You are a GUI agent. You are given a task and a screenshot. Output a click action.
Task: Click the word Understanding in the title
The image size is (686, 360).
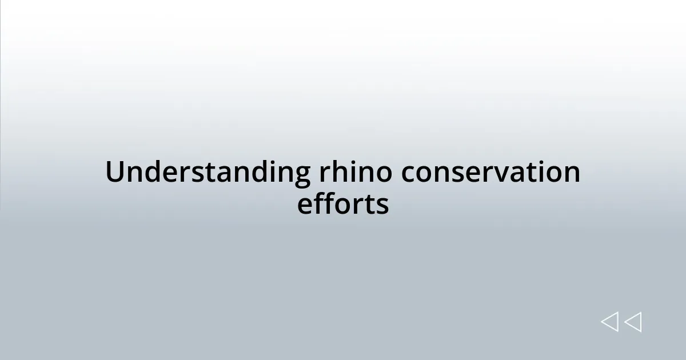[x=207, y=173]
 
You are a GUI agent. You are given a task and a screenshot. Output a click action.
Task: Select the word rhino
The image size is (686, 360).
[x=354, y=173]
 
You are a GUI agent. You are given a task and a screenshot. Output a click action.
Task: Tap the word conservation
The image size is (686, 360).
[x=490, y=173]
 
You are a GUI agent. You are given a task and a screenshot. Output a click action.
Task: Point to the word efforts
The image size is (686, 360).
[x=343, y=205]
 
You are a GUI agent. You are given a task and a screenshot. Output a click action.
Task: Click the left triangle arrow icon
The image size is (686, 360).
[x=609, y=322]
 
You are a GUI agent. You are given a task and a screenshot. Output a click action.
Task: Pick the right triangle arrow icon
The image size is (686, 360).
[x=633, y=322]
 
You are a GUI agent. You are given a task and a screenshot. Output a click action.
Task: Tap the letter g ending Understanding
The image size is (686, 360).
[x=301, y=176]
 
